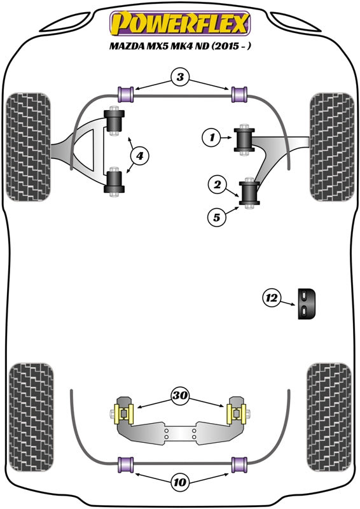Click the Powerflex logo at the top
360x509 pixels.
coord(180,24)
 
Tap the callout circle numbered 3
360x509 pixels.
coord(181,78)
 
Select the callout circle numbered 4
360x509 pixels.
coord(139,154)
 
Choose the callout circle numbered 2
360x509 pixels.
coord(218,186)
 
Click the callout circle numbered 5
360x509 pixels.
coord(217,218)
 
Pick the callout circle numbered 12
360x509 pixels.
coord(272,296)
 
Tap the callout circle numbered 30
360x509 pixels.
coord(181,396)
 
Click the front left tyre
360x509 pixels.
coord(28,146)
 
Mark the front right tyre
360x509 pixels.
coord(330,146)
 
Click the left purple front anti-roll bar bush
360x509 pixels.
coord(124,93)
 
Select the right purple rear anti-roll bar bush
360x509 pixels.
coord(239,465)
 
